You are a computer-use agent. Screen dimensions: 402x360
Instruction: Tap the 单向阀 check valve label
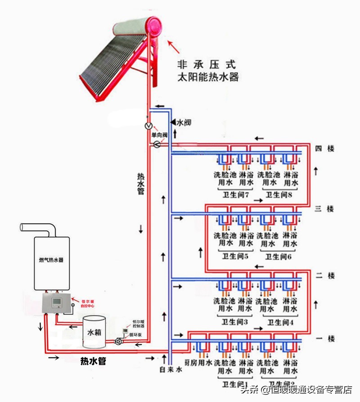(159, 135)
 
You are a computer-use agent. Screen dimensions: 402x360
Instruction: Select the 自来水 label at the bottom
(171, 369)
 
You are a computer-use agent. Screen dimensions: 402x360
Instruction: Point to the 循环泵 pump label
(137, 335)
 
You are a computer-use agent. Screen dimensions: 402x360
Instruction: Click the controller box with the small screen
(57, 303)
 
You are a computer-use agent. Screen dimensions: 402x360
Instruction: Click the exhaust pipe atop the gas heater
(38, 228)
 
